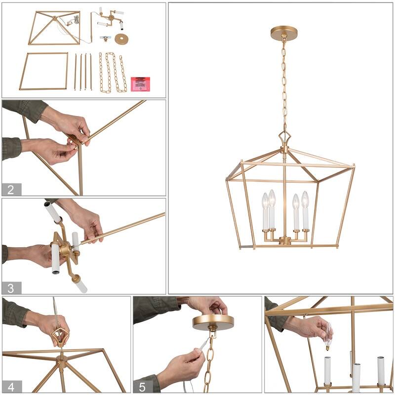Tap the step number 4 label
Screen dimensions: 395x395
click(11, 386)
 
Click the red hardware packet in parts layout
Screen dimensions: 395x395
click(140, 83)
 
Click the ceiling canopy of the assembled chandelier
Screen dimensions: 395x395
click(284, 33)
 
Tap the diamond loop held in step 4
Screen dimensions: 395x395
click(60, 337)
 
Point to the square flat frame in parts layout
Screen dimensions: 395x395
click(43, 71)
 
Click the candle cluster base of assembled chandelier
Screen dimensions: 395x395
click(285, 240)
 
